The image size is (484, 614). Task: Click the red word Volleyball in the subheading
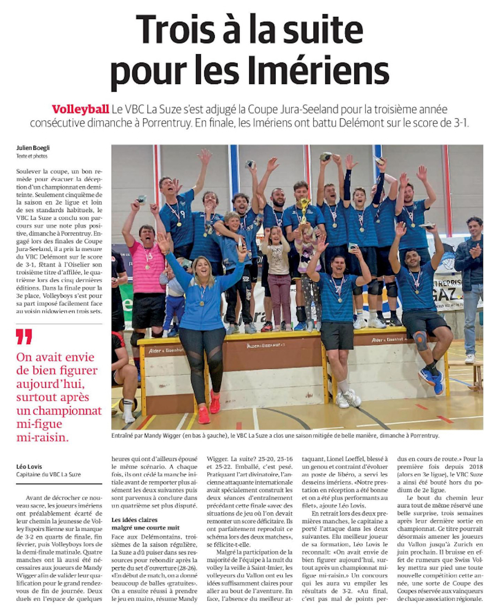(80, 109)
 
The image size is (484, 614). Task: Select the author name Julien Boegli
(33, 148)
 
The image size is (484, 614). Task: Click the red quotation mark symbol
(24, 337)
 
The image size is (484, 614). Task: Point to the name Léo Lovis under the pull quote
(29, 467)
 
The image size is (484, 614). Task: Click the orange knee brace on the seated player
(420, 340)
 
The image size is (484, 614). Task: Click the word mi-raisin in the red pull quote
(43, 437)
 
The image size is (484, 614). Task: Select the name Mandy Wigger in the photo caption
(164, 435)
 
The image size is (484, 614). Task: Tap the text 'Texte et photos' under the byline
(32, 156)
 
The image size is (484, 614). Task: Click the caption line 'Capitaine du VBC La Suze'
(49, 474)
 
